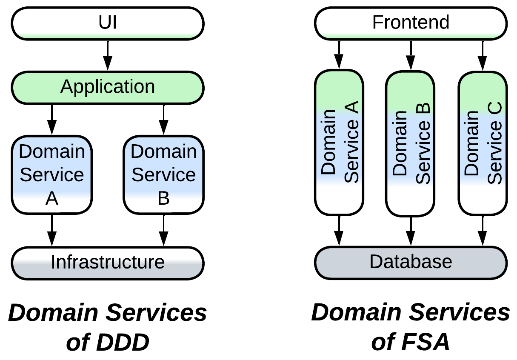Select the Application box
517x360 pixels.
[x=107, y=87]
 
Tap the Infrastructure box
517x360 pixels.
[x=107, y=262]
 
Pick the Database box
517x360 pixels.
[x=411, y=261]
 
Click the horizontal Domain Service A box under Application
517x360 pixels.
[x=51, y=174]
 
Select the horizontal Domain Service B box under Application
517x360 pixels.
[x=163, y=174]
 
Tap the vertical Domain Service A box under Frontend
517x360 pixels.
[x=339, y=143]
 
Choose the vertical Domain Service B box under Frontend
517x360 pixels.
[x=410, y=143]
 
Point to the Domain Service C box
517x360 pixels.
[x=482, y=143]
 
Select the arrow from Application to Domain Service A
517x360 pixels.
[x=51, y=120]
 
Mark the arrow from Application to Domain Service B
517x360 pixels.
[x=163, y=120]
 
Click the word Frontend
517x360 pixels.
[x=411, y=22]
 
